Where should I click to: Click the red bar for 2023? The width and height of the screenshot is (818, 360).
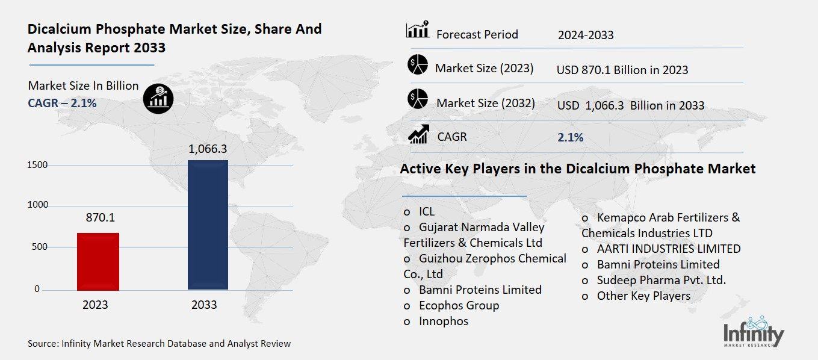[x=98, y=261]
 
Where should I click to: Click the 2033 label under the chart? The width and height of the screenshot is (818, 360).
[x=204, y=305]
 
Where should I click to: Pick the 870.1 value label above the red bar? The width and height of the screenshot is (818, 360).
[x=99, y=217]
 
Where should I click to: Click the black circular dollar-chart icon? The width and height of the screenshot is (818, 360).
[x=158, y=98]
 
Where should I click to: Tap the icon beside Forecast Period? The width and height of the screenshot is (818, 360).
[x=418, y=30]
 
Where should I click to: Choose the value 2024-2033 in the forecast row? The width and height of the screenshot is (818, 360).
[x=585, y=35]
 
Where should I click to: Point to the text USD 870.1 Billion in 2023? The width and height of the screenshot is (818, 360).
[x=622, y=70]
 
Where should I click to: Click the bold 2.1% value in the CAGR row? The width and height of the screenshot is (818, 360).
[x=570, y=137]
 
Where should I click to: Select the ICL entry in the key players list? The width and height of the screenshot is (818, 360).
[x=426, y=211]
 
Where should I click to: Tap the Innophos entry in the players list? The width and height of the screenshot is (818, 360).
[x=443, y=321]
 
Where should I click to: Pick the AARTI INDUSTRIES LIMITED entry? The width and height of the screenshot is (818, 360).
[x=668, y=249]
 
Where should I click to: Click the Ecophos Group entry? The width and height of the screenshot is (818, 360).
[x=459, y=305]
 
